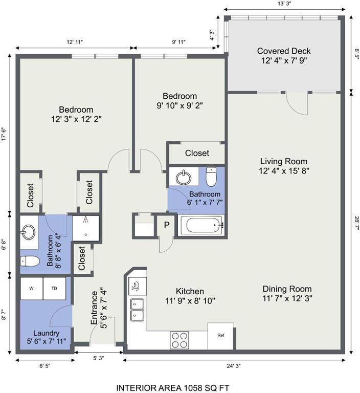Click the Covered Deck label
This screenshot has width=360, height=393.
pos(284,56)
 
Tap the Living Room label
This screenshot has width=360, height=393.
pos(284,166)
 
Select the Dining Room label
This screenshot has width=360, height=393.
pos(287,294)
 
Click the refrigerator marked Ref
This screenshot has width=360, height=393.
pos(220,336)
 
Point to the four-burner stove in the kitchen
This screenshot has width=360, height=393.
pos(179,340)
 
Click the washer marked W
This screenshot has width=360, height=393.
pos(31,288)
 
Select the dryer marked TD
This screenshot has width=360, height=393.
pos(54,288)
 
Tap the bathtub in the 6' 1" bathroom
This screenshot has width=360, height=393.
pos(201,225)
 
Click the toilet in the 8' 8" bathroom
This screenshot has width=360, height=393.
pos(30,261)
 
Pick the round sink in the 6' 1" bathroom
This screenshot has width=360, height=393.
pos(184,178)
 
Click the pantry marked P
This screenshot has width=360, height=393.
pos(167,225)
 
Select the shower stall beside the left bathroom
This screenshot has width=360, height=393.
pos(86,228)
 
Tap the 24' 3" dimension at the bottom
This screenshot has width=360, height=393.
pos(234,366)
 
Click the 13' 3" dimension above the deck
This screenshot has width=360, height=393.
pos(285,4)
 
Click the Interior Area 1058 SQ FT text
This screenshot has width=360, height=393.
pos(173,388)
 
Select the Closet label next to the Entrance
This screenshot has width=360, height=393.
pos(82,258)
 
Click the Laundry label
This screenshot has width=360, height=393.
pos(47,333)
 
